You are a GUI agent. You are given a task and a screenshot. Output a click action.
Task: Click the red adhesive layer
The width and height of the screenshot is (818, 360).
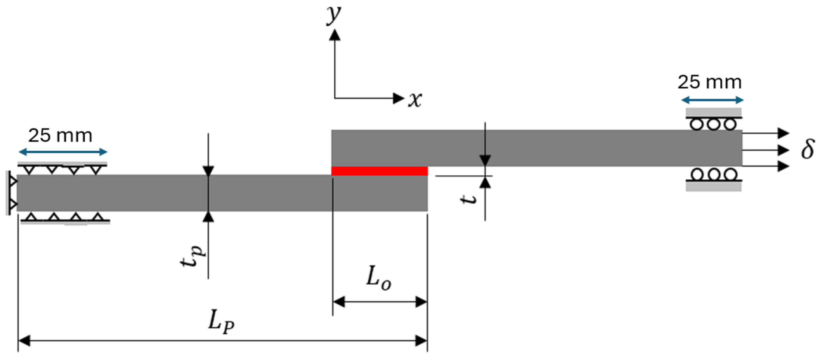click(379, 171)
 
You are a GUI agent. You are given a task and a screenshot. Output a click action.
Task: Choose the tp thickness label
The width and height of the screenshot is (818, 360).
click(192, 257)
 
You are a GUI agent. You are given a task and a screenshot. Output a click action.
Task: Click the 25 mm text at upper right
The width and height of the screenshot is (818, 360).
click(710, 82)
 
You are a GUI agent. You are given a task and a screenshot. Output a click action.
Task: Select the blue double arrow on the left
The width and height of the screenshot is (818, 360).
click(63, 152)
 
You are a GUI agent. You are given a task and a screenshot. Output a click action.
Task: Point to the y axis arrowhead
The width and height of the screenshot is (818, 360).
click(334, 35)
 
